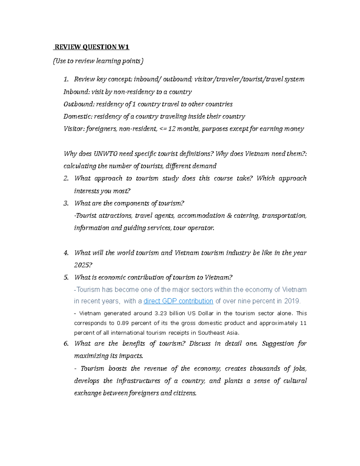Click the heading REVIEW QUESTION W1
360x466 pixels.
click(x=92, y=47)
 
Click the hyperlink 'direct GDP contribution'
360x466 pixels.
click(x=178, y=301)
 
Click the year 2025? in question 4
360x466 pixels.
click(x=83, y=265)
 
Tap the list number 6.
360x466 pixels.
click(x=66, y=344)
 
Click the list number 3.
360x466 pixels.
click(x=66, y=203)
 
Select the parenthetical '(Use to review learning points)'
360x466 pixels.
click(x=98, y=61)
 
